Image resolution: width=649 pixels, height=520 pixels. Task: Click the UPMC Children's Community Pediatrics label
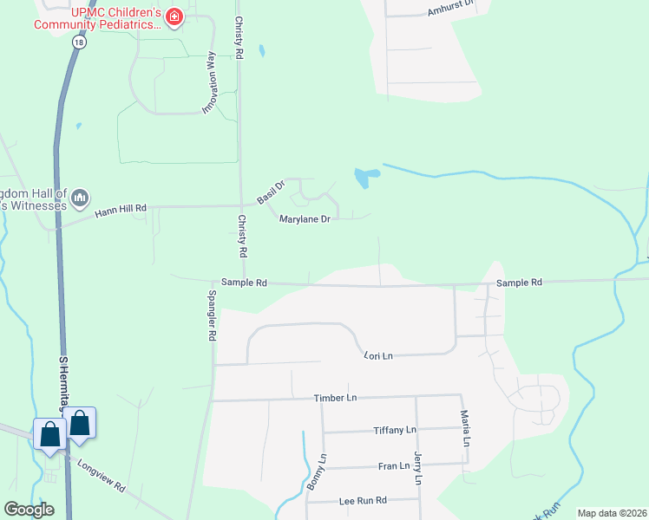point(97,19)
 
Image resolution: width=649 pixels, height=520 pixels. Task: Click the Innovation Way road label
point(209,83)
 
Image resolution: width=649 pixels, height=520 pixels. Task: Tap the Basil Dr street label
point(270,191)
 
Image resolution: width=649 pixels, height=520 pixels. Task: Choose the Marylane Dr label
point(305,219)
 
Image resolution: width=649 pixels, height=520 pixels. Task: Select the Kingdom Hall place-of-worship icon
point(81,198)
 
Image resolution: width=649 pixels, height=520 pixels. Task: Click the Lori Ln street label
point(378,355)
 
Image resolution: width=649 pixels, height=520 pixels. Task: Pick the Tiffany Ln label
point(395,430)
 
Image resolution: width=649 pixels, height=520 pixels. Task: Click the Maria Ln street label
point(465,428)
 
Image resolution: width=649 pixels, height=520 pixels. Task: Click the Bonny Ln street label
point(315,472)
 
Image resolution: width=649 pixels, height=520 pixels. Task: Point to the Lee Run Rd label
point(362,501)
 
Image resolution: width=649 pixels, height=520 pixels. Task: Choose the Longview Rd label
point(102,477)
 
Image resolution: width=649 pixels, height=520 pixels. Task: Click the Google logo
point(29,510)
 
